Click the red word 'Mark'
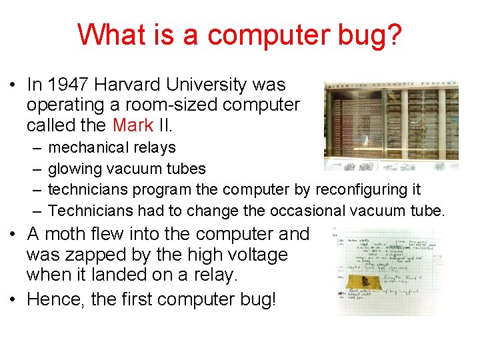(133, 125)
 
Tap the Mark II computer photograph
(391, 125)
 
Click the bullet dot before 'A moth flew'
(14, 235)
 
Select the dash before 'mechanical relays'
(34, 148)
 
